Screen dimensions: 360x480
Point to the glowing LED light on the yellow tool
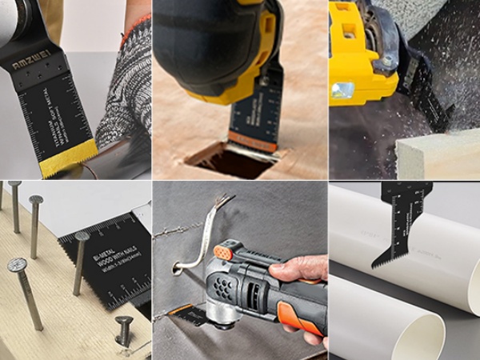(343, 90)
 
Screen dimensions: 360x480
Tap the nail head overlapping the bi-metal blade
(82, 236)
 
